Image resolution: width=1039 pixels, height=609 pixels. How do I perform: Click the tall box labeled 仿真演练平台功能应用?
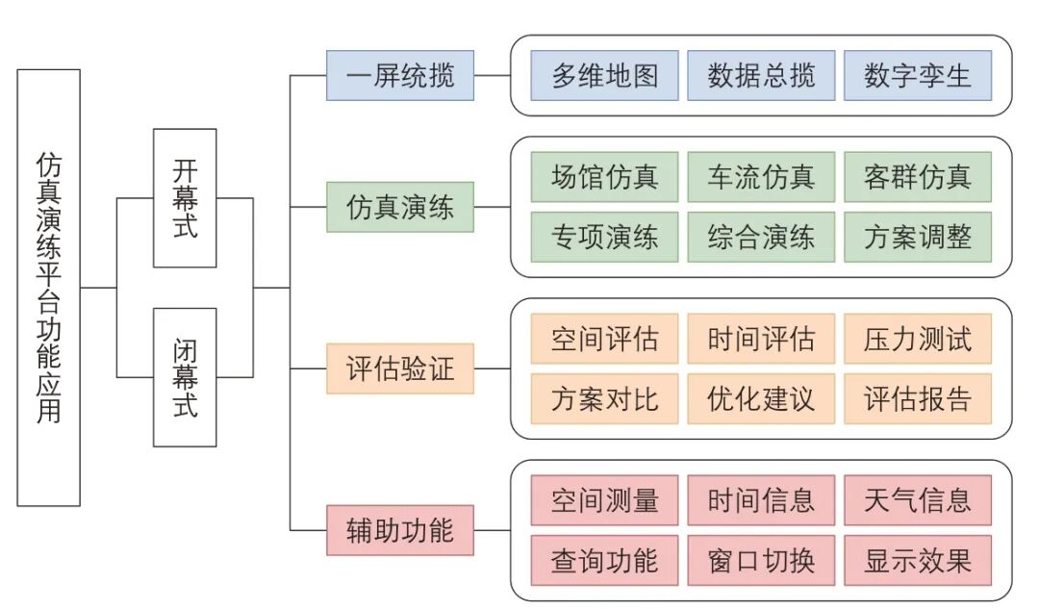(x=48, y=287)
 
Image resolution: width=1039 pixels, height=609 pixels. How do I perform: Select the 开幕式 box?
(x=185, y=197)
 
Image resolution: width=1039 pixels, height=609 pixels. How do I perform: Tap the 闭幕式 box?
(x=185, y=376)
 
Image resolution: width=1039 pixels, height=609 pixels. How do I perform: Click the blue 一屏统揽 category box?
(x=400, y=75)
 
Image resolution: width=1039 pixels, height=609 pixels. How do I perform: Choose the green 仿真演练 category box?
(x=400, y=207)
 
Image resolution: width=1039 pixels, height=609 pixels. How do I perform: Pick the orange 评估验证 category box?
(x=400, y=368)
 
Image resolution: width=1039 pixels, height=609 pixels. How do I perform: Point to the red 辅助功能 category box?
(x=400, y=529)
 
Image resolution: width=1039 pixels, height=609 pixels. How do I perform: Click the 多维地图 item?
(x=604, y=75)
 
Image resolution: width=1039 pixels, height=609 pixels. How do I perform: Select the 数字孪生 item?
(x=917, y=75)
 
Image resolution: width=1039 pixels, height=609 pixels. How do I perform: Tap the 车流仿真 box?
(x=761, y=177)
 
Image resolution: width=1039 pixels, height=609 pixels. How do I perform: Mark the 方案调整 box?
(x=917, y=237)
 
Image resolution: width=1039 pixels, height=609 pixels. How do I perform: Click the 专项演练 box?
(x=604, y=237)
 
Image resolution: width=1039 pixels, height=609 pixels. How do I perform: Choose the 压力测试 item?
(x=917, y=339)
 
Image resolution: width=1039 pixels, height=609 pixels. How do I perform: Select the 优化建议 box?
(x=761, y=398)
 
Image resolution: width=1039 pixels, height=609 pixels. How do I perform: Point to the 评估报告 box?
(x=917, y=398)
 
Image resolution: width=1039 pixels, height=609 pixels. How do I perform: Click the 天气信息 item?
(x=917, y=500)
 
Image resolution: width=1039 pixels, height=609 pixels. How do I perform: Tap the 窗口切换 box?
(x=761, y=560)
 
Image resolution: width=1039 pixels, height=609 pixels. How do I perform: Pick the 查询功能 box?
(x=604, y=560)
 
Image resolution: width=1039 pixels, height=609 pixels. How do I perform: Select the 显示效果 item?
(x=917, y=560)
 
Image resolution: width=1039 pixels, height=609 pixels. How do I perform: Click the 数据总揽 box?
(x=761, y=75)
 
